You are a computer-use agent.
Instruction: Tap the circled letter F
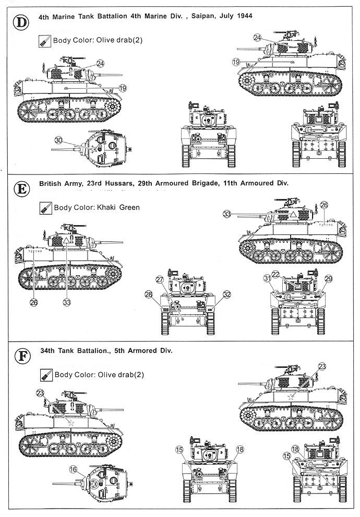[x=20, y=356]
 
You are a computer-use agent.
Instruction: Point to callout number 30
[x=58, y=140]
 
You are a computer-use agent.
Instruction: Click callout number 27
[x=160, y=280]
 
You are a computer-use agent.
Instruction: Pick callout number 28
[x=149, y=295]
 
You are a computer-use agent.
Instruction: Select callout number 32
[x=226, y=294]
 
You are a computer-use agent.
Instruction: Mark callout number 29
[x=329, y=278]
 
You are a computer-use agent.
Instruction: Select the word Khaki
[x=106, y=207]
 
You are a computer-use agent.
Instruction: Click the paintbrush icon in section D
[x=45, y=41]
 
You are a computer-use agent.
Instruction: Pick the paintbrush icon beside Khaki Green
[x=45, y=207]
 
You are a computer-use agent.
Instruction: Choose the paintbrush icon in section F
[x=45, y=374]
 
